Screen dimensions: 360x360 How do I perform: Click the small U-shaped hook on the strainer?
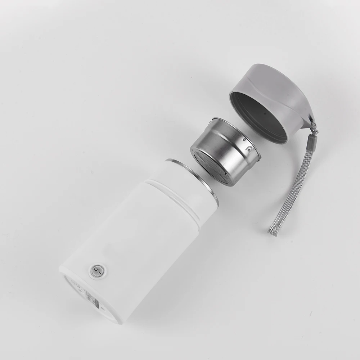248,148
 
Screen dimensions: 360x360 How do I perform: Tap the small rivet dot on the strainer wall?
244,139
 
